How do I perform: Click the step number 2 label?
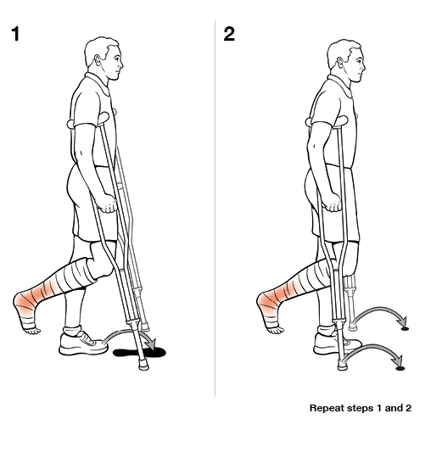coord(230,35)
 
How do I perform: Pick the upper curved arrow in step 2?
coord(380,316)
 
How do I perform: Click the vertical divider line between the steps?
coord(215,212)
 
